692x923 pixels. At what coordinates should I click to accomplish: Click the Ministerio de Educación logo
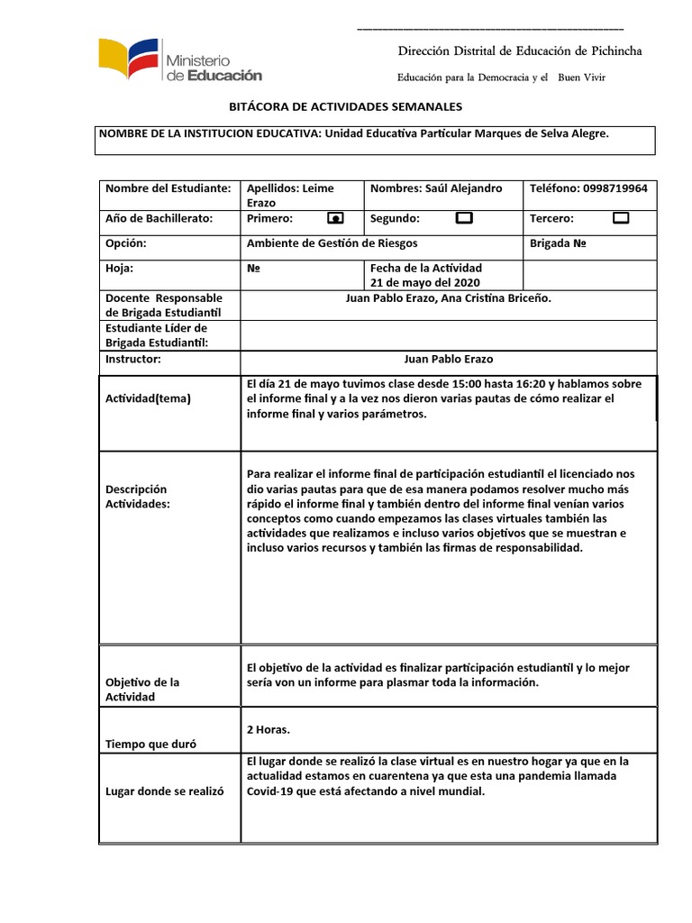click(180, 62)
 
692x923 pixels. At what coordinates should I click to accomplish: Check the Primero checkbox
click(335, 218)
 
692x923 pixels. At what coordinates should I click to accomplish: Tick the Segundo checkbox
click(464, 218)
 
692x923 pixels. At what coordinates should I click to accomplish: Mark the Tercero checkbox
click(620, 218)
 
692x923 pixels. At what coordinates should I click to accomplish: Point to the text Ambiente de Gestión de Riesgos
click(332, 243)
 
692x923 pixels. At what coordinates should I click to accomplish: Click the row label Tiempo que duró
click(151, 744)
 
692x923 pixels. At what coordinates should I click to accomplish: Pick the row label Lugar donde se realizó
click(163, 790)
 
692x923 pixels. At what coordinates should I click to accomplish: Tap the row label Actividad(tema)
click(148, 398)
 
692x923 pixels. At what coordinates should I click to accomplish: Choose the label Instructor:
click(132, 359)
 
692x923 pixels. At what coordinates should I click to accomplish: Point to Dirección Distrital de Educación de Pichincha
click(520, 51)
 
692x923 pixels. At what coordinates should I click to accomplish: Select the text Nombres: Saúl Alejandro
click(436, 188)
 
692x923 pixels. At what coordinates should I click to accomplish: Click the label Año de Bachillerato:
click(159, 218)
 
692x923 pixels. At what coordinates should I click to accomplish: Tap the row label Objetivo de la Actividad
click(142, 690)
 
